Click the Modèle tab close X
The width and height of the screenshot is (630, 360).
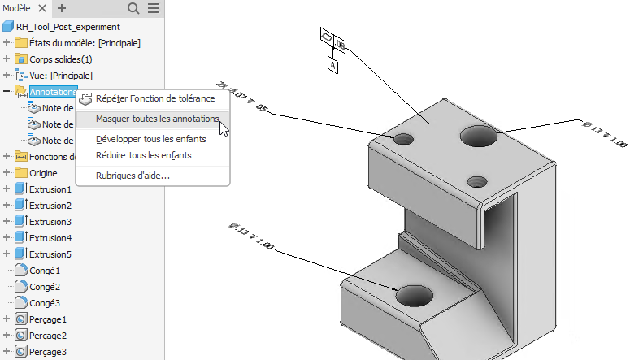[42, 8]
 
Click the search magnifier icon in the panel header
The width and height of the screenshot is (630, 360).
[134, 8]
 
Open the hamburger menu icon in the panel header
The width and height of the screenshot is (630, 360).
[153, 8]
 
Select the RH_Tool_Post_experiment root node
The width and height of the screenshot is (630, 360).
[62, 26]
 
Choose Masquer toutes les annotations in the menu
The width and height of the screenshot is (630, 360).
[157, 119]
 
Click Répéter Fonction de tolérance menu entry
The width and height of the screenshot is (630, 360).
[154, 98]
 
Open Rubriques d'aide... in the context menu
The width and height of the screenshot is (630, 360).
[133, 176]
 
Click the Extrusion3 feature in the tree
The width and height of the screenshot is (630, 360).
[50, 222]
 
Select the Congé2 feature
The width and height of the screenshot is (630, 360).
[46, 287]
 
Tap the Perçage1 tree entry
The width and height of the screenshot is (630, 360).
[48, 319]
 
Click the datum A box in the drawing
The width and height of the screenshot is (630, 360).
[332, 63]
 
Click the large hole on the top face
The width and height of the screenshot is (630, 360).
[479, 136]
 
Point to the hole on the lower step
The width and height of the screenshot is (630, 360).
[415, 295]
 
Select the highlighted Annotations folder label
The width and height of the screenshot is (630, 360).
[53, 92]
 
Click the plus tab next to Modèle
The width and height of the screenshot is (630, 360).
[62, 8]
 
